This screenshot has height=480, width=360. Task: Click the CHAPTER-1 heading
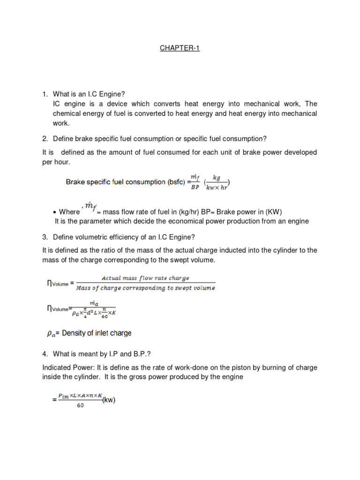[180, 48]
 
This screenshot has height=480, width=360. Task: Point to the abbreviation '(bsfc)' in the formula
[175, 182]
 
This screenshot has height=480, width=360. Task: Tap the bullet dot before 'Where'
[55, 212]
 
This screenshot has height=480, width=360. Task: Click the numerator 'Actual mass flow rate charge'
[145, 278]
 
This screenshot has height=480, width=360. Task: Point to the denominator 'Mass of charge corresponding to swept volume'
[145, 288]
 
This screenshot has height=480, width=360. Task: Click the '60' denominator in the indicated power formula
[80, 405]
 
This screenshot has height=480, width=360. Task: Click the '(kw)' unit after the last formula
[109, 400]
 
